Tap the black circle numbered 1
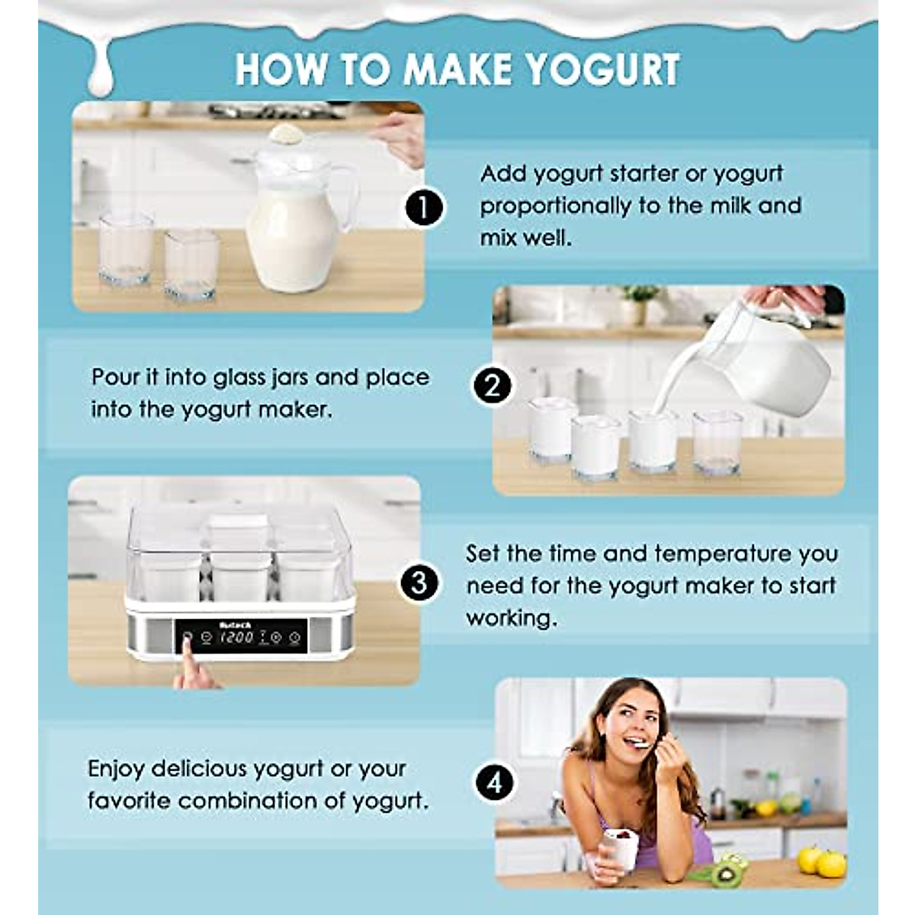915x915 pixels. [x=424, y=207]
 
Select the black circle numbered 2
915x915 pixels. [x=493, y=387]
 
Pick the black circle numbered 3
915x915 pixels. [x=419, y=584]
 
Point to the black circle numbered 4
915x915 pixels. [x=495, y=782]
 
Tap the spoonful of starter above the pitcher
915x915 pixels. [x=286, y=134]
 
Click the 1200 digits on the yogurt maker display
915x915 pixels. [x=236, y=637]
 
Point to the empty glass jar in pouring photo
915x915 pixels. [x=717, y=442]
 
